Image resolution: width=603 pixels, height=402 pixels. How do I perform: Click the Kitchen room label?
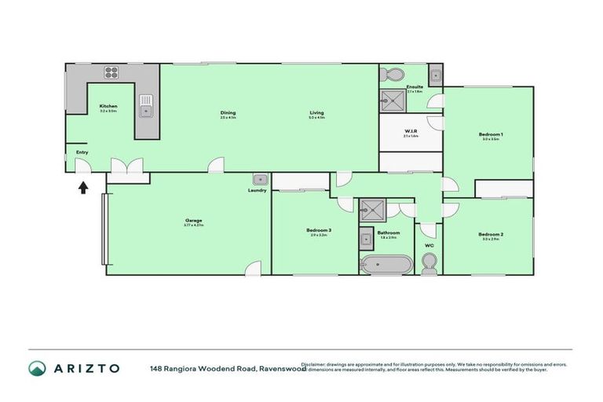(x=108, y=106)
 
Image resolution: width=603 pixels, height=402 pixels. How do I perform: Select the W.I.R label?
(x=411, y=132)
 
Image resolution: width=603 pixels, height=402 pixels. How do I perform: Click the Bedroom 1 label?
(x=491, y=135)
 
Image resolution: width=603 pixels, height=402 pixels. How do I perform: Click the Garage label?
(x=193, y=221)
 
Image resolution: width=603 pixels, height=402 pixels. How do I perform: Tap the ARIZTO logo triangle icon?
(x=37, y=368)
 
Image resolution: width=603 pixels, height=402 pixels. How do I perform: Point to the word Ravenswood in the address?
(x=283, y=367)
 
